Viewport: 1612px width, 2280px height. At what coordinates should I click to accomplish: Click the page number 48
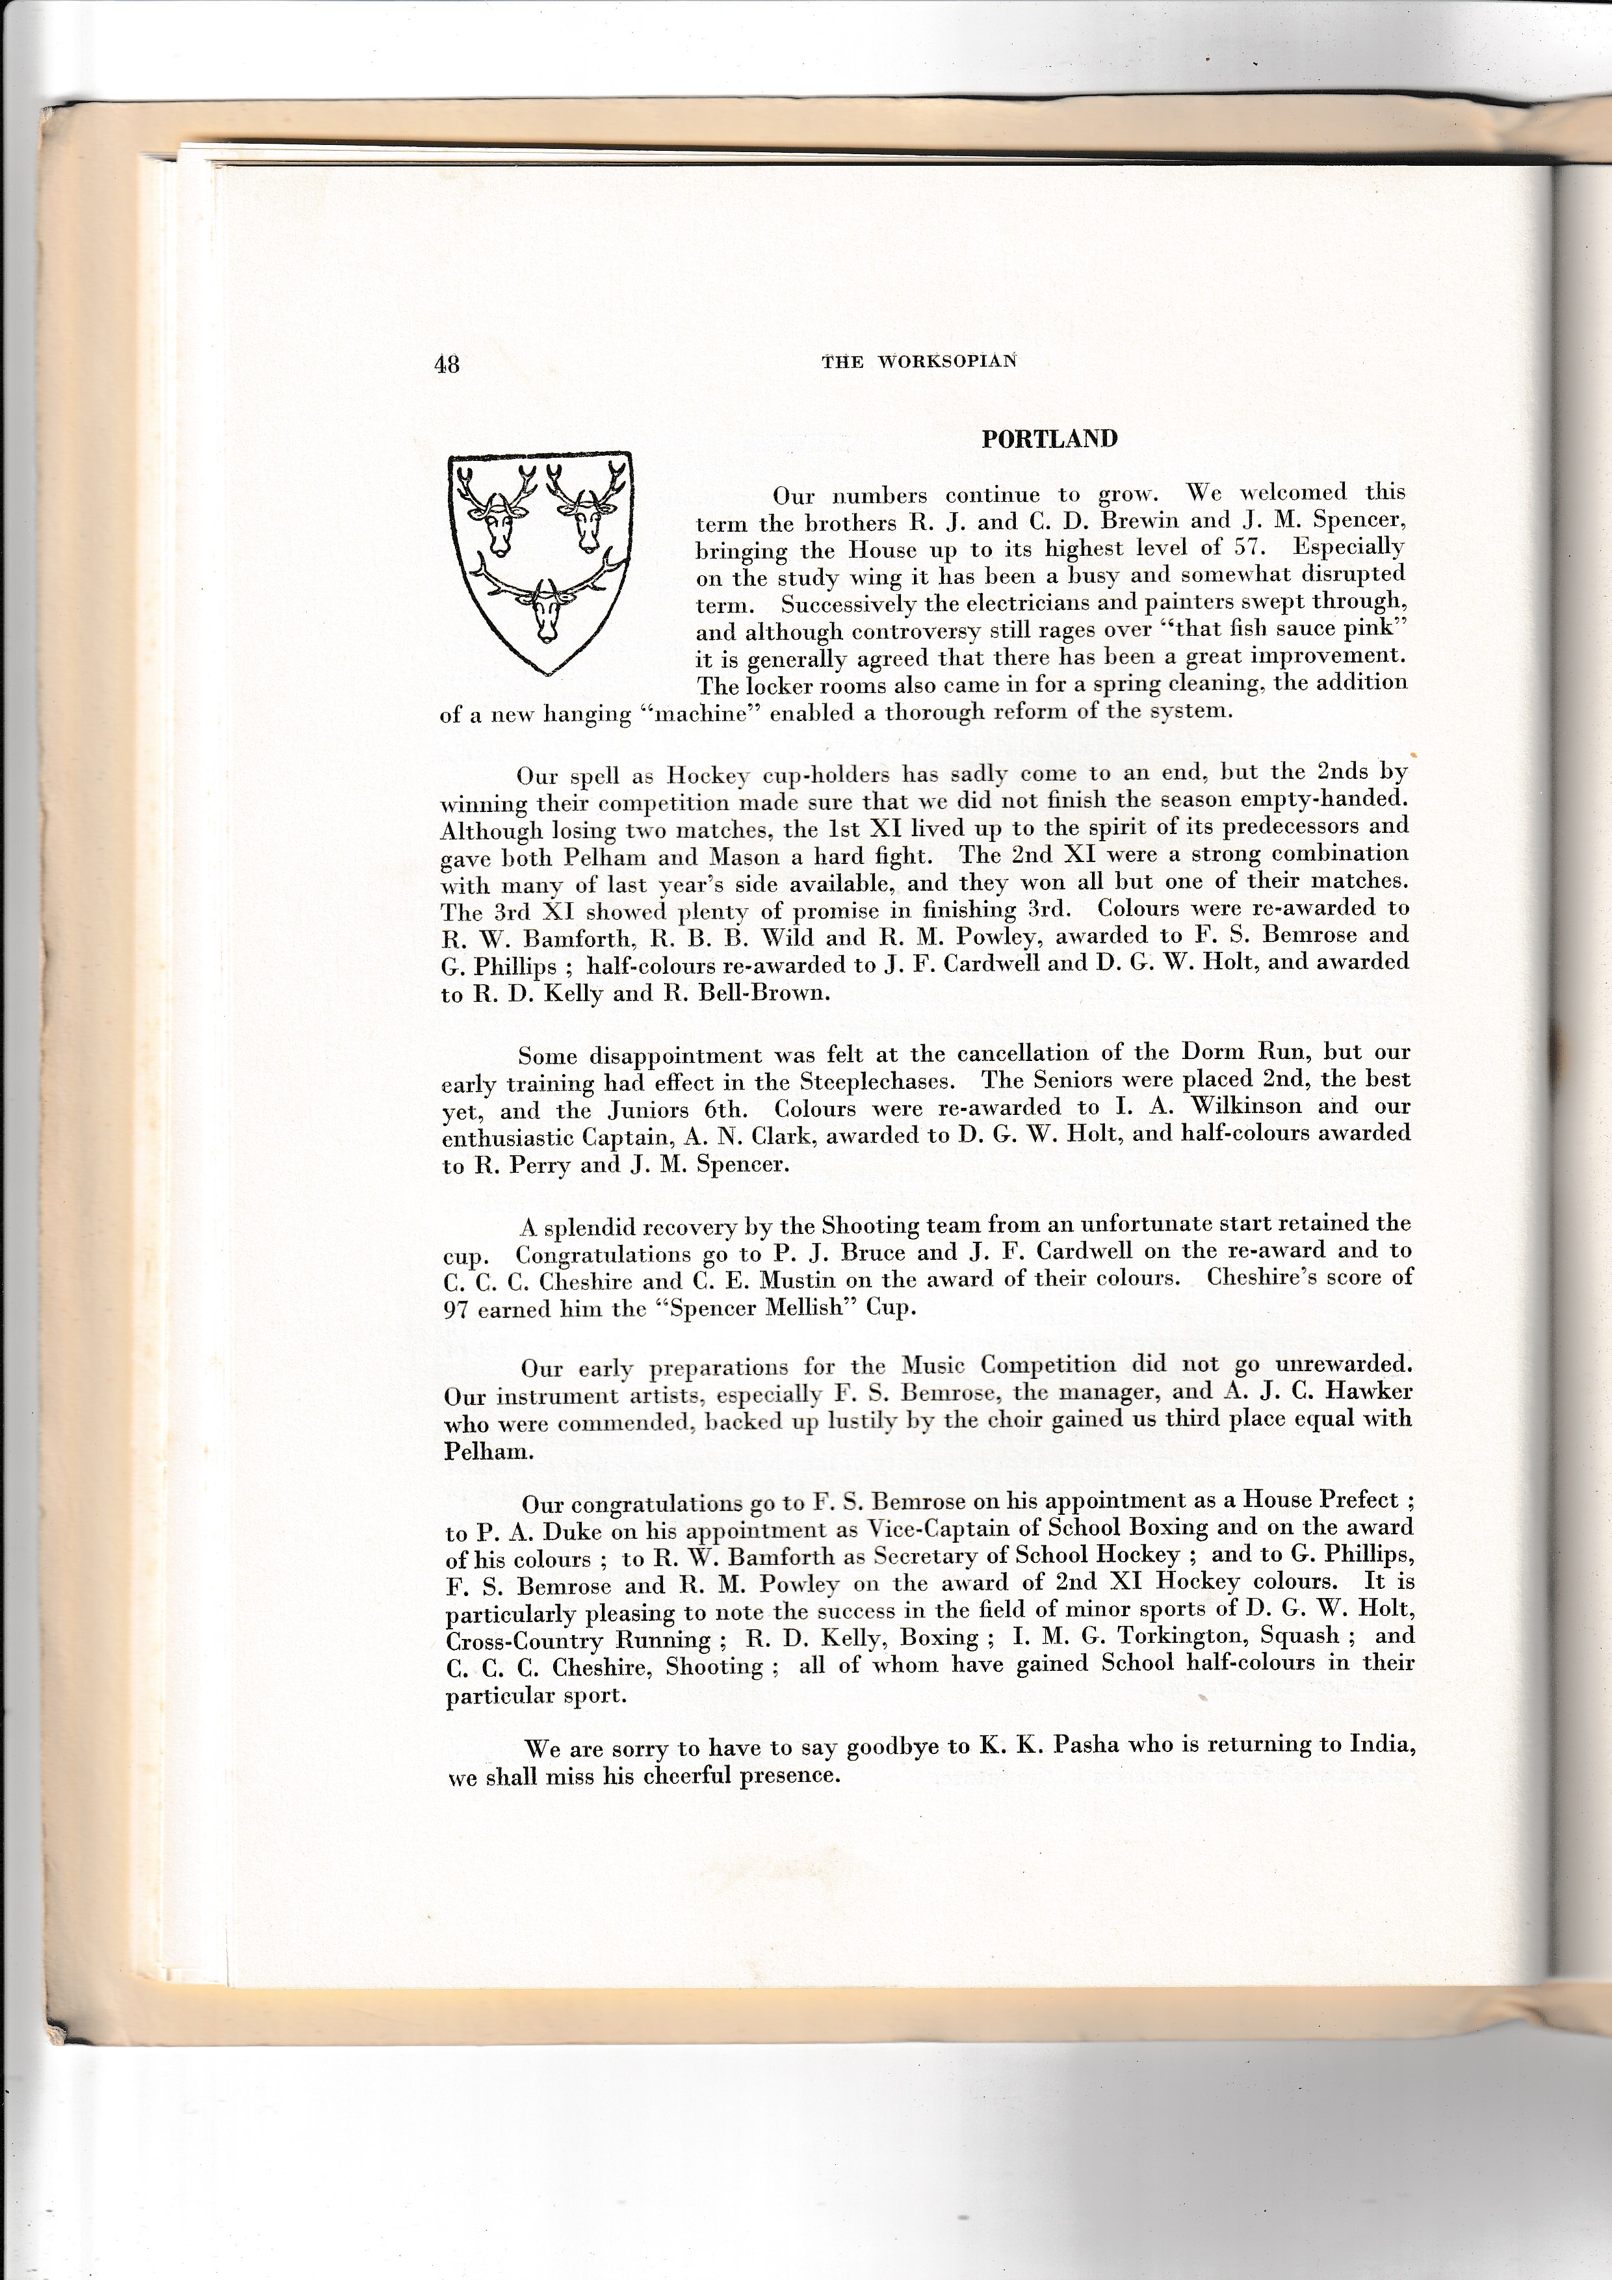pyautogui.click(x=447, y=365)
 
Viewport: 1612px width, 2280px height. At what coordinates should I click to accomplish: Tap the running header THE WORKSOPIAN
pyautogui.click(x=919, y=361)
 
